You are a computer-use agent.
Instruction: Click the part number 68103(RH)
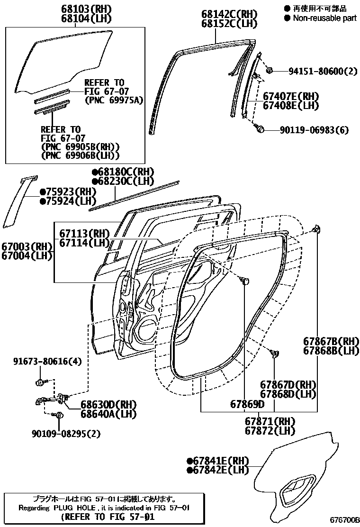85,9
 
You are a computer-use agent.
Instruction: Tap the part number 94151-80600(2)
323,72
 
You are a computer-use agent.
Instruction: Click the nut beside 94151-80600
269,71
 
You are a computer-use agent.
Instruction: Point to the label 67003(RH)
26,246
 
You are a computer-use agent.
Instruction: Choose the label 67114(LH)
84,243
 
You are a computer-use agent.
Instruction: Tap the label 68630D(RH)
108,405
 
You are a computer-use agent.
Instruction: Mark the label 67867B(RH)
331,341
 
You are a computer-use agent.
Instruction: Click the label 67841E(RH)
218,461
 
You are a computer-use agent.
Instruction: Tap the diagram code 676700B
345,520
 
